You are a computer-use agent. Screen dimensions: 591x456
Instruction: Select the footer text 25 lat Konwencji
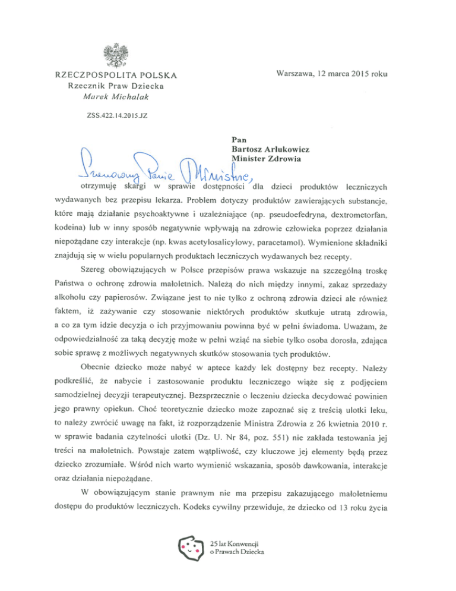235,543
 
